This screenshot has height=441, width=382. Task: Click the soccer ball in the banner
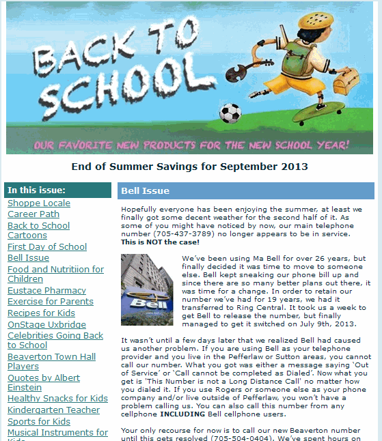pos(232,113)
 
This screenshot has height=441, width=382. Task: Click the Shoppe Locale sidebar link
pos(38,203)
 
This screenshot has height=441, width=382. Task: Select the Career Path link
pos(33,214)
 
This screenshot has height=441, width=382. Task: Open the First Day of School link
pos(47,247)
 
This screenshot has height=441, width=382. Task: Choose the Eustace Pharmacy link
pos(46,291)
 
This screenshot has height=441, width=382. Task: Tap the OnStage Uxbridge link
pos(46,324)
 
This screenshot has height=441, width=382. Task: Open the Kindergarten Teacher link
pos(53,410)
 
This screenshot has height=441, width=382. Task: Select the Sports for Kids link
pos(39,422)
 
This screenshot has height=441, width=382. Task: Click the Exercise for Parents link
pos(51,302)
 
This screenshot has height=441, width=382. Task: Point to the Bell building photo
pos(147,289)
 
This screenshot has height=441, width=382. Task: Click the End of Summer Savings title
pos(190,167)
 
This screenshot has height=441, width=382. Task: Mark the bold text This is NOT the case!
pos(160,242)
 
